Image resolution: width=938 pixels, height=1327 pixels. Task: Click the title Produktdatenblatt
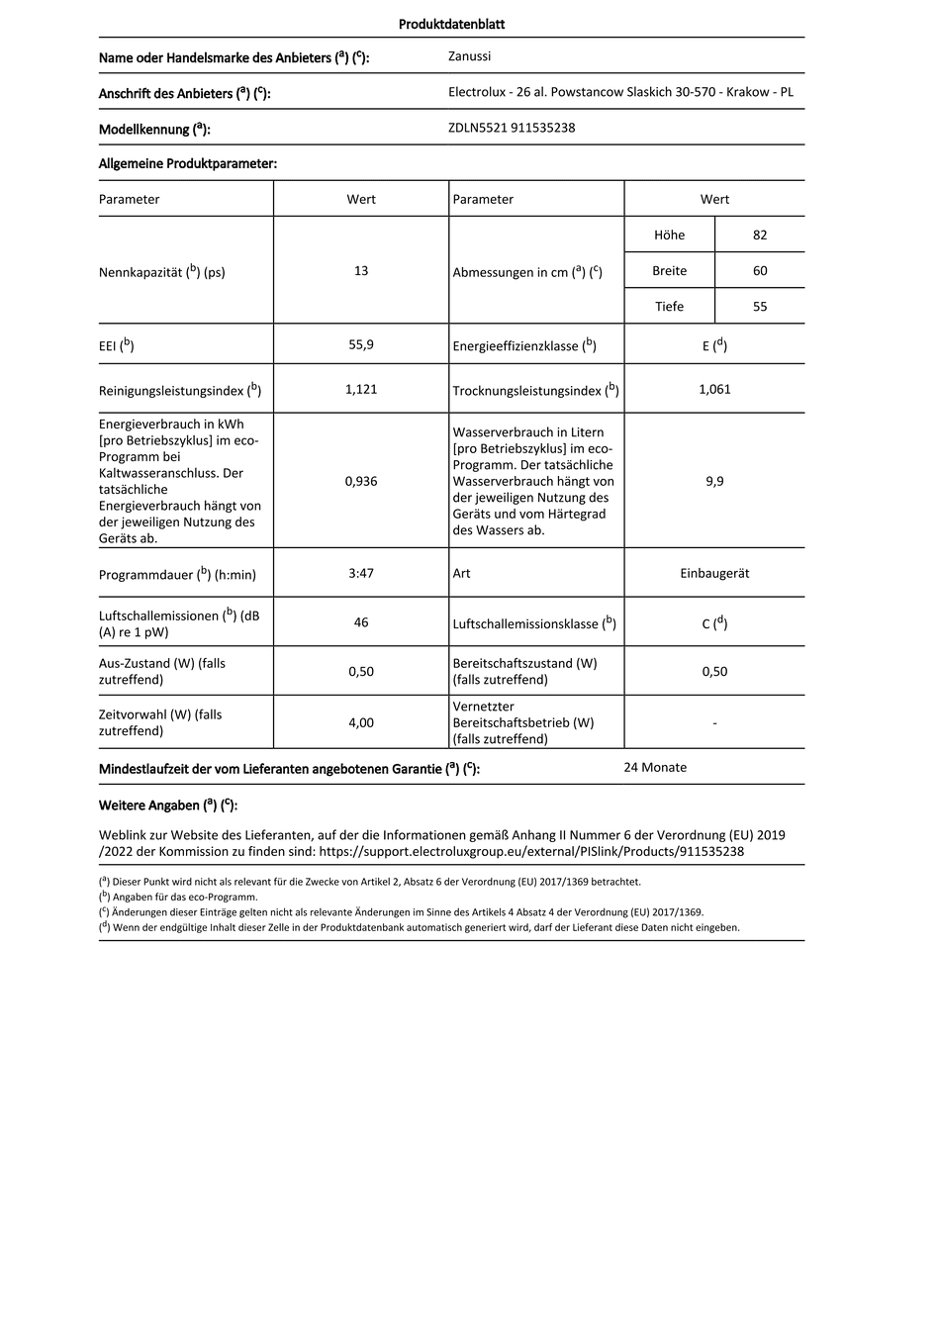click(451, 25)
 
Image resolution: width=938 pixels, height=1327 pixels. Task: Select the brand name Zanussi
click(469, 57)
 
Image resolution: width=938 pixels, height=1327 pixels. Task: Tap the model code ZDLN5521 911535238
click(512, 128)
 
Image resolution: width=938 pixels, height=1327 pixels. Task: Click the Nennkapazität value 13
click(361, 270)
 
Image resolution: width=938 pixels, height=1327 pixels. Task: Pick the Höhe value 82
click(760, 235)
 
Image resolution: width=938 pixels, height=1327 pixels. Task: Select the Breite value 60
click(760, 270)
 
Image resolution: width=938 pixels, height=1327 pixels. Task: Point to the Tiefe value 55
click(760, 306)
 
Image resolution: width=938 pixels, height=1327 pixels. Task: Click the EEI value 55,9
click(361, 344)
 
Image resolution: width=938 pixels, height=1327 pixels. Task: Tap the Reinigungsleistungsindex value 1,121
click(361, 389)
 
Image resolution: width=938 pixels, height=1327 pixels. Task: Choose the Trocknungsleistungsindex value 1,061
click(714, 389)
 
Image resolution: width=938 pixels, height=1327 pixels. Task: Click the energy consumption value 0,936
click(361, 481)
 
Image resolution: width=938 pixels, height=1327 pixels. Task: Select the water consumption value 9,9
click(714, 481)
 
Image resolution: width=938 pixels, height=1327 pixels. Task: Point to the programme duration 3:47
click(361, 573)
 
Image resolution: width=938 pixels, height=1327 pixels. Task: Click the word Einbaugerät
click(714, 573)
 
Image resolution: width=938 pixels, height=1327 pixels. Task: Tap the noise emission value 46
click(361, 622)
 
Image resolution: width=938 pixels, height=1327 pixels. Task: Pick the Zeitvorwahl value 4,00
click(361, 722)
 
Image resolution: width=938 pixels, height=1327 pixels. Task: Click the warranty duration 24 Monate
click(655, 767)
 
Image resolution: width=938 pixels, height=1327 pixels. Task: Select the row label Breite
click(669, 270)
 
